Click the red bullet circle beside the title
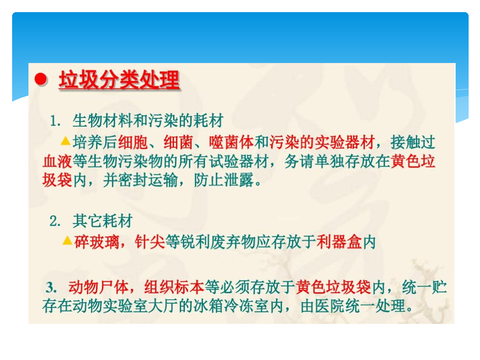41,79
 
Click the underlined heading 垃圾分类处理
119,80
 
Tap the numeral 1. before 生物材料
55,121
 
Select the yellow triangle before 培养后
66,141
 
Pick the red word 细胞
133,142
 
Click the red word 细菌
178,142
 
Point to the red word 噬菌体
231,142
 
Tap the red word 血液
57,161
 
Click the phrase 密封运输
148,180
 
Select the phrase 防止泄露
224,180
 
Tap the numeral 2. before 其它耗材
55,221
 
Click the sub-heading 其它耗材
103,221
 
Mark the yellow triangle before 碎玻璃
67,241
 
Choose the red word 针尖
150,242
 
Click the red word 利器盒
339,242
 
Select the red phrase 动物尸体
99,287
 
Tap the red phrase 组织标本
174,287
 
